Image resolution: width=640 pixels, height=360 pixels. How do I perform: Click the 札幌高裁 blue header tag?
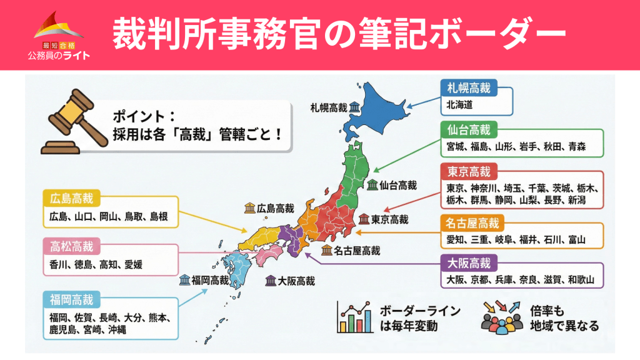tap(469, 87)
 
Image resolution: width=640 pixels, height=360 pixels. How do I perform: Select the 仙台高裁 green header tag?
tap(469, 129)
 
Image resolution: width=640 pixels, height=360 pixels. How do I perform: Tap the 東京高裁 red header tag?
tap(469, 171)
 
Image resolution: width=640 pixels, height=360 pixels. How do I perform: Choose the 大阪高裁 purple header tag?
tap(469, 261)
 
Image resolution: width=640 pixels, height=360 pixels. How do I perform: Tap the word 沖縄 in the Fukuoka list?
tap(117, 329)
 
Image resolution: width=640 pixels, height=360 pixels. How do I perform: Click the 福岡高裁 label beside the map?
tap(211, 279)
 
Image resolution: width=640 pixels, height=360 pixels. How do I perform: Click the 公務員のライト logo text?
tap(59, 55)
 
